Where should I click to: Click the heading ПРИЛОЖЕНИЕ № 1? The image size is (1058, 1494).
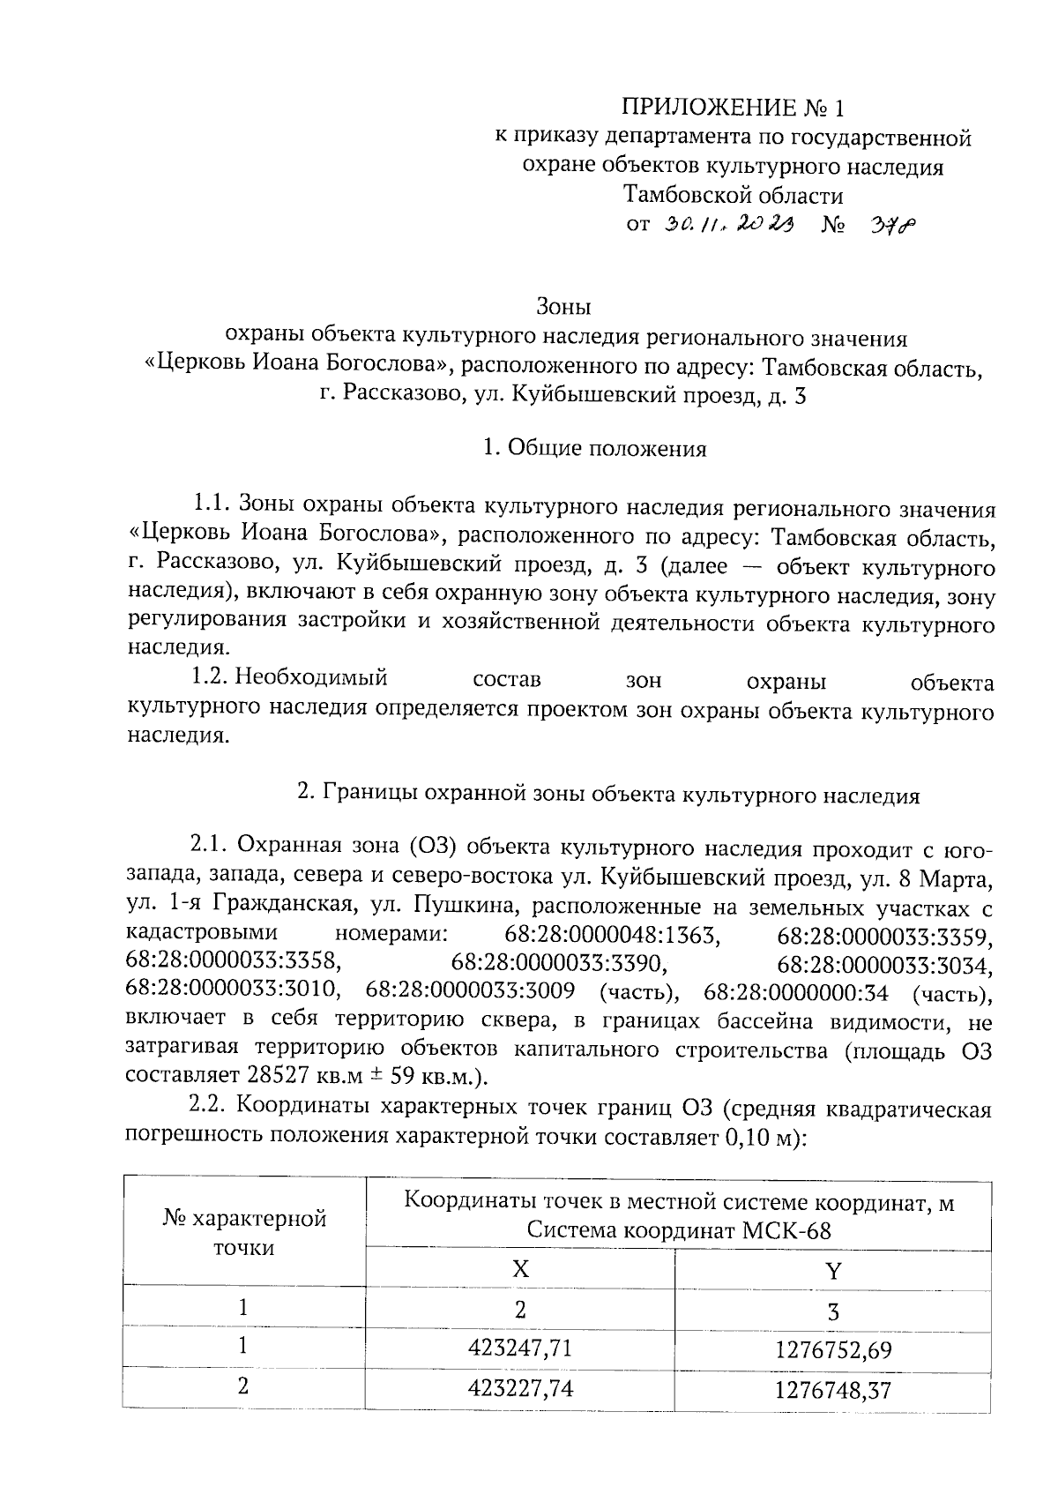click(733, 108)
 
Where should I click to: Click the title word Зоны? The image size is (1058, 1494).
click(563, 307)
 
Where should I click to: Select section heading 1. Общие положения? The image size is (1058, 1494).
click(595, 449)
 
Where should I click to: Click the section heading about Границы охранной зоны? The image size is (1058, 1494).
click(608, 796)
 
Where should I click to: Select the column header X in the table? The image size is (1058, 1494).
click(520, 1268)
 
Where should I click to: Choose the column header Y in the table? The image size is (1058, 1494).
click(833, 1270)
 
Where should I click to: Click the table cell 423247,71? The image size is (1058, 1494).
click(520, 1348)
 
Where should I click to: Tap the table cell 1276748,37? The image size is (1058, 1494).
click(833, 1391)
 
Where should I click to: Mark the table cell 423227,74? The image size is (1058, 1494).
click(520, 1389)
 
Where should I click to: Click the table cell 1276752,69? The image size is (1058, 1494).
click(833, 1349)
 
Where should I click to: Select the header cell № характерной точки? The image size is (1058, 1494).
click(244, 1233)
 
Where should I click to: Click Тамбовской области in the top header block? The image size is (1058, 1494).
click(733, 194)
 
